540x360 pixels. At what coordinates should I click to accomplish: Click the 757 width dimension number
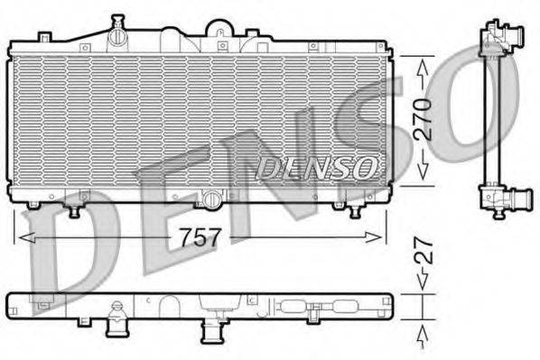(x=201, y=236)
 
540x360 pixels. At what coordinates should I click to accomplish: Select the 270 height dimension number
(x=422, y=119)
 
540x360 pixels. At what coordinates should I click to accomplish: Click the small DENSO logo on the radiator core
(x=316, y=166)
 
